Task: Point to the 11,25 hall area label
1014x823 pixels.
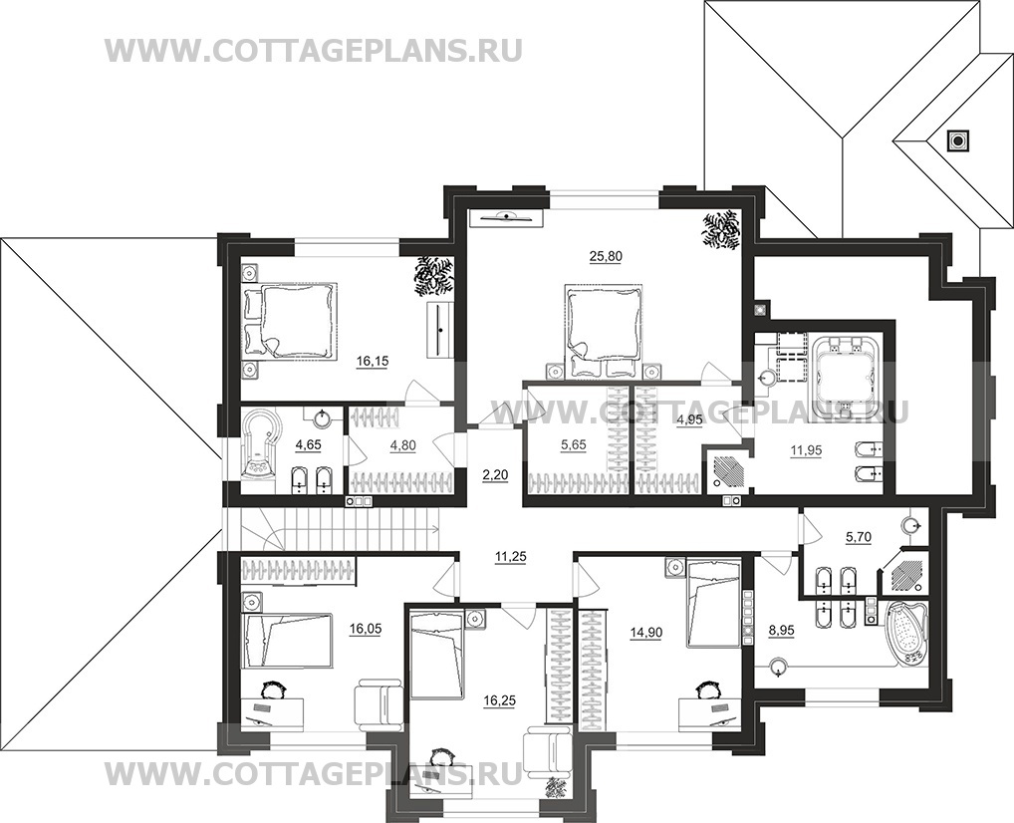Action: click(x=508, y=558)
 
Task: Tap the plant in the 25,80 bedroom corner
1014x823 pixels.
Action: click(x=719, y=229)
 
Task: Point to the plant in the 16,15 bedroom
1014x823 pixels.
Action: click(x=433, y=275)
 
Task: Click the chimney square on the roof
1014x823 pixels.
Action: click(x=958, y=140)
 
